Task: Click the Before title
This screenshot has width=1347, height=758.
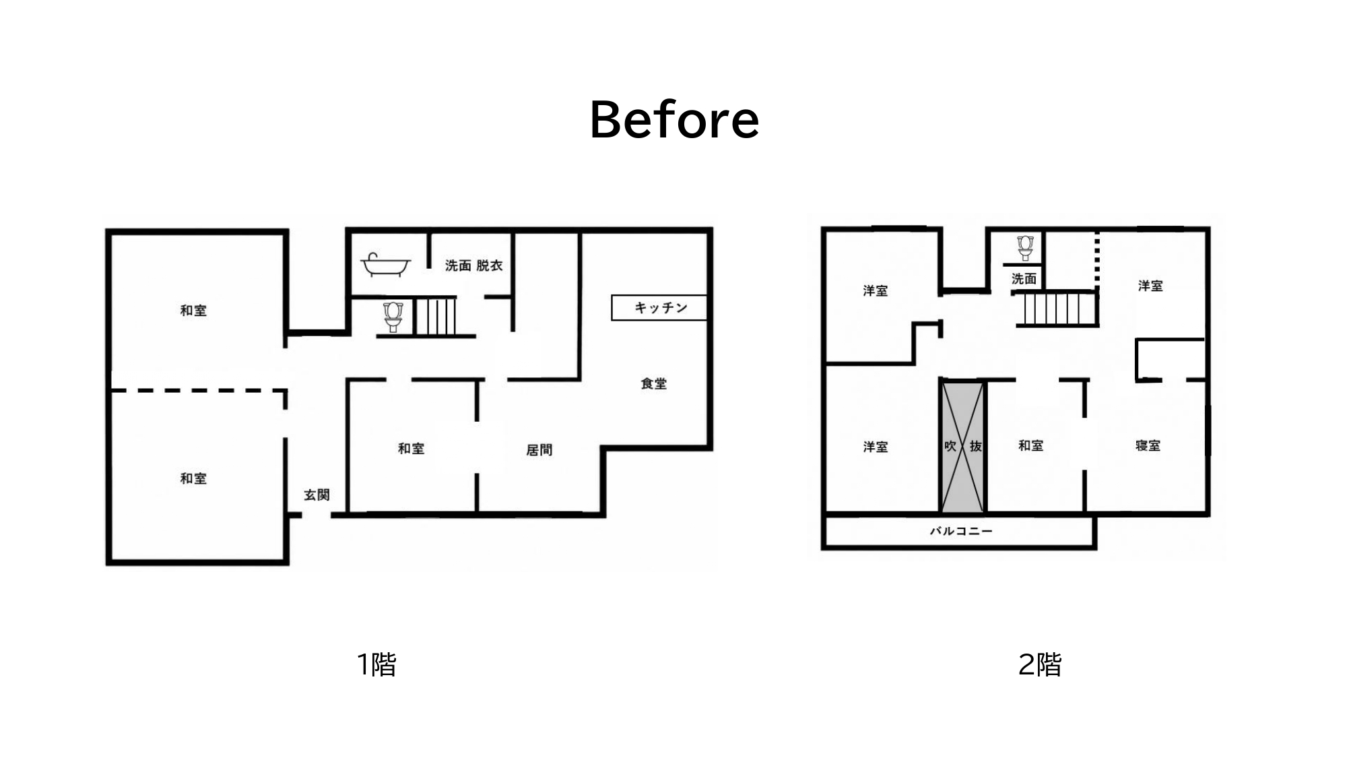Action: pyautogui.click(x=674, y=120)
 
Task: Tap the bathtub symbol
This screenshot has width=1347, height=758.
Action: pyautogui.click(x=386, y=265)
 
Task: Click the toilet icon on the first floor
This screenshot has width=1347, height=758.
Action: pyautogui.click(x=393, y=317)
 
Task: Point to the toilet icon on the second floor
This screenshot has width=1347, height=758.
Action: pyautogui.click(x=1025, y=248)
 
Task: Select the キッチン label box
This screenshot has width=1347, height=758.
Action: pyautogui.click(x=659, y=308)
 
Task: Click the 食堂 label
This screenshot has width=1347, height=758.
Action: pyautogui.click(x=653, y=383)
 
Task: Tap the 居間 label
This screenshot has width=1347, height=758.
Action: pyautogui.click(x=539, y=449)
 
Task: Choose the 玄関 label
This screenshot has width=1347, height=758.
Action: pyautogui.click(x=317, y=495)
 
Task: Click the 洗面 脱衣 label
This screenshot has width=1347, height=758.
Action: pyautogui.click(x=473, y=265)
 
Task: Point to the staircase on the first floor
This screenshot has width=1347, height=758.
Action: pyautogui.click(x=435, y=317)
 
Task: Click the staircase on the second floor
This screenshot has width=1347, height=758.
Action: pyautogui.click(x=1057, y=309)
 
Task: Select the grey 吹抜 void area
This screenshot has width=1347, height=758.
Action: pyautogui.click(x=962, y=447)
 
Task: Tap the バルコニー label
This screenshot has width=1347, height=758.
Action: pyautogui.click(x=961, y=531)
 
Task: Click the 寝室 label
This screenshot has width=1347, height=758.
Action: pyautogui.click(x=1148, y=445)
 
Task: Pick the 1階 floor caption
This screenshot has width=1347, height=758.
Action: pyautogui.click(x=376, y=664)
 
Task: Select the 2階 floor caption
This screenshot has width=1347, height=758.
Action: pyautogui.click(x=1040, y=664)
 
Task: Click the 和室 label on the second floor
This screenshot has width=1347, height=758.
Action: pyautogui.click(x=1030, y=445)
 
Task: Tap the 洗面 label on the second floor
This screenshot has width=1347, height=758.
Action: pyautogui.click(x=1024, y=278)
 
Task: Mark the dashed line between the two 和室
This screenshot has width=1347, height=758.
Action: pyautogui.click(x=199, y=390)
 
